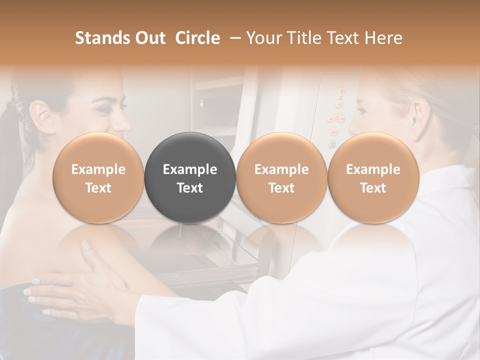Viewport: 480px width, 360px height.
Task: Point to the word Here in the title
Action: click(x=385, y=38)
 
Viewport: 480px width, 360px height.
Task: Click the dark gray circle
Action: click(x=190, y=177)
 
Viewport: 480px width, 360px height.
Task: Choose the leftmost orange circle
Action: click(x=98, y=177)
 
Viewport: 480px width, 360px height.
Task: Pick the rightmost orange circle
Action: click(x=373, y=177)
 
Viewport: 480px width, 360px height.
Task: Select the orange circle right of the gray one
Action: click(x=281, y=177)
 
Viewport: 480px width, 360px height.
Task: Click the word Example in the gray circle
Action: click(x=190, y=169)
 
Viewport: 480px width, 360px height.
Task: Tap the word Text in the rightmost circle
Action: click(x=373, y=188)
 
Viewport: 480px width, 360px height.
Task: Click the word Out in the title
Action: click(x=150, y=38)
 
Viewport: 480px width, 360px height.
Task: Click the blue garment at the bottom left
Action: click(x=20, y=325)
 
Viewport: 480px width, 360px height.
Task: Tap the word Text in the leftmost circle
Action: click(x=98, y=188)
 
